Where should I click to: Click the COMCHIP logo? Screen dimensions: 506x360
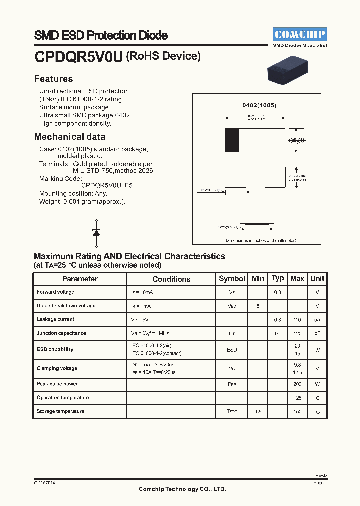[x=300, y=34]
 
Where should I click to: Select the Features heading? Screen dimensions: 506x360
[x=53, y=79]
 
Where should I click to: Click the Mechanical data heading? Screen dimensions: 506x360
[x=70, y=137]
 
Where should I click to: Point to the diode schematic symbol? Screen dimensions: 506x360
[x=96, y=232]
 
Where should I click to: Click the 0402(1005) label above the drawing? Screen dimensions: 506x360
[x=259, y=106]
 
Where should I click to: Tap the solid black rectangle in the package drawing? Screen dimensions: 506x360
[x=232, y=140]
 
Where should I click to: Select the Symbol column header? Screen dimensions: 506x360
[x=232, y=279]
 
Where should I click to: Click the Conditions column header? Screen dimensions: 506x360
[x=171, y=279]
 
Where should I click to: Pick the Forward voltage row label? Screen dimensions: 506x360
[x=55, y=292]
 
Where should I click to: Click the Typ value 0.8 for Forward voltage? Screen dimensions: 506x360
[x=277, y=292]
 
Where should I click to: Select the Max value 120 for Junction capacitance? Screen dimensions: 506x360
[x=297, y=333]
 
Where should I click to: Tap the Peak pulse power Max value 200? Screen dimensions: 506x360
[x=297, y=384]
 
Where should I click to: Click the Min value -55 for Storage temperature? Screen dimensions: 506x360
[x=258, y=411]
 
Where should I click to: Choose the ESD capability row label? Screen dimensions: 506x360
[x=55, y=350]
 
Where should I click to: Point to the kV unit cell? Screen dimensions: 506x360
[x=317, y=350]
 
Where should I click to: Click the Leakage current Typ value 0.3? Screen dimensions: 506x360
[x=277, y=320]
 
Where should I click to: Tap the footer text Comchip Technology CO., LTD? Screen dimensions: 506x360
[x=182, y=489]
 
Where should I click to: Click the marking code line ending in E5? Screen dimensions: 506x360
[x=107, y=185]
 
